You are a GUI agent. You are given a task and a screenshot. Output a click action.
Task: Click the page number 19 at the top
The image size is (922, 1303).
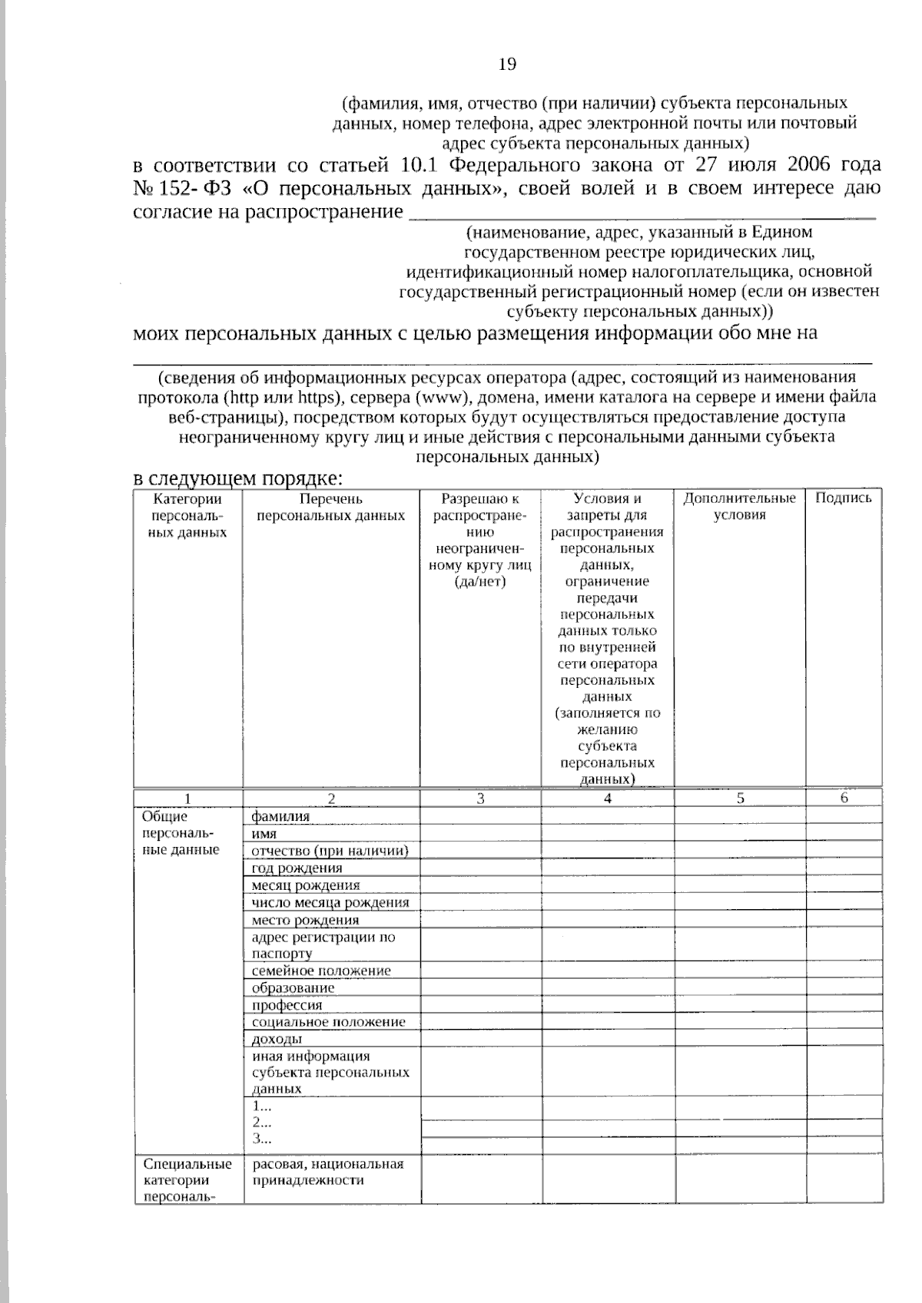pyautogui.click(x=507, y=64)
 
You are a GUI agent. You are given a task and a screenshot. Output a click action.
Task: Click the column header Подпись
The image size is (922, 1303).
pyautogui.click(x=843, y=498)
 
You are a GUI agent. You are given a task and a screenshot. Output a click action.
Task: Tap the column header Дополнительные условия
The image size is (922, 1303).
pyautogui.click(x=739, y=507)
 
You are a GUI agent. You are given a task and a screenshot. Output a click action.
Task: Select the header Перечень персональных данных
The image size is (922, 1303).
pyautogui.click(x=330, y=507)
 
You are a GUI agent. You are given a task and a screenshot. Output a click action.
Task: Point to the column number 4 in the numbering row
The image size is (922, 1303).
pyautogui.click(x=607, y=799)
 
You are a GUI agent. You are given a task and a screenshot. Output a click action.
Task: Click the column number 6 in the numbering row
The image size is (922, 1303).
pyautogui.click(x=844, y=798)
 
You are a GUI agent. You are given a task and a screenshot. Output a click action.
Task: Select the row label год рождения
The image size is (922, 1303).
pyautogui.click(x=297, y=868)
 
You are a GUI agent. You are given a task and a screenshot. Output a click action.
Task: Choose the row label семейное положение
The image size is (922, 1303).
pyautogui.click(x=321, y=971)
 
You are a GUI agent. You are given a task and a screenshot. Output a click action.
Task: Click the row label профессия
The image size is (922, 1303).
pyautogui.click(x=287, y=1005)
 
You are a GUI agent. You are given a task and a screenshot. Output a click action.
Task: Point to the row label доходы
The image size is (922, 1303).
pyautogui.click(x=277, y=1040)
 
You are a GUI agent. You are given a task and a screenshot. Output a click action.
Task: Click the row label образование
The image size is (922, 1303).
pyautogui.click(x=293, y=988)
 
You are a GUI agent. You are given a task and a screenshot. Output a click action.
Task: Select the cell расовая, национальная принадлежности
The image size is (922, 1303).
pyautogui.click(x=328, y=1172)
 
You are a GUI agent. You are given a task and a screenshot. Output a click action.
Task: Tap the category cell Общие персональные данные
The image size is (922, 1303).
pyautogui.click(x=181, y=833)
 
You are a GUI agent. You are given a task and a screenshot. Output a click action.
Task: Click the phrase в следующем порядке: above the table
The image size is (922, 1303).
pyautogui.click(x=237, y=478)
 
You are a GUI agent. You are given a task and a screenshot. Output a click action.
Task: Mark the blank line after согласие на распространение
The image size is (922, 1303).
pyautogui.click(x=642, y=215)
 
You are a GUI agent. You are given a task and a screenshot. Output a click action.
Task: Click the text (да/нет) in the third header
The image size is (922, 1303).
pyautogui.click(x=479, y=581)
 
